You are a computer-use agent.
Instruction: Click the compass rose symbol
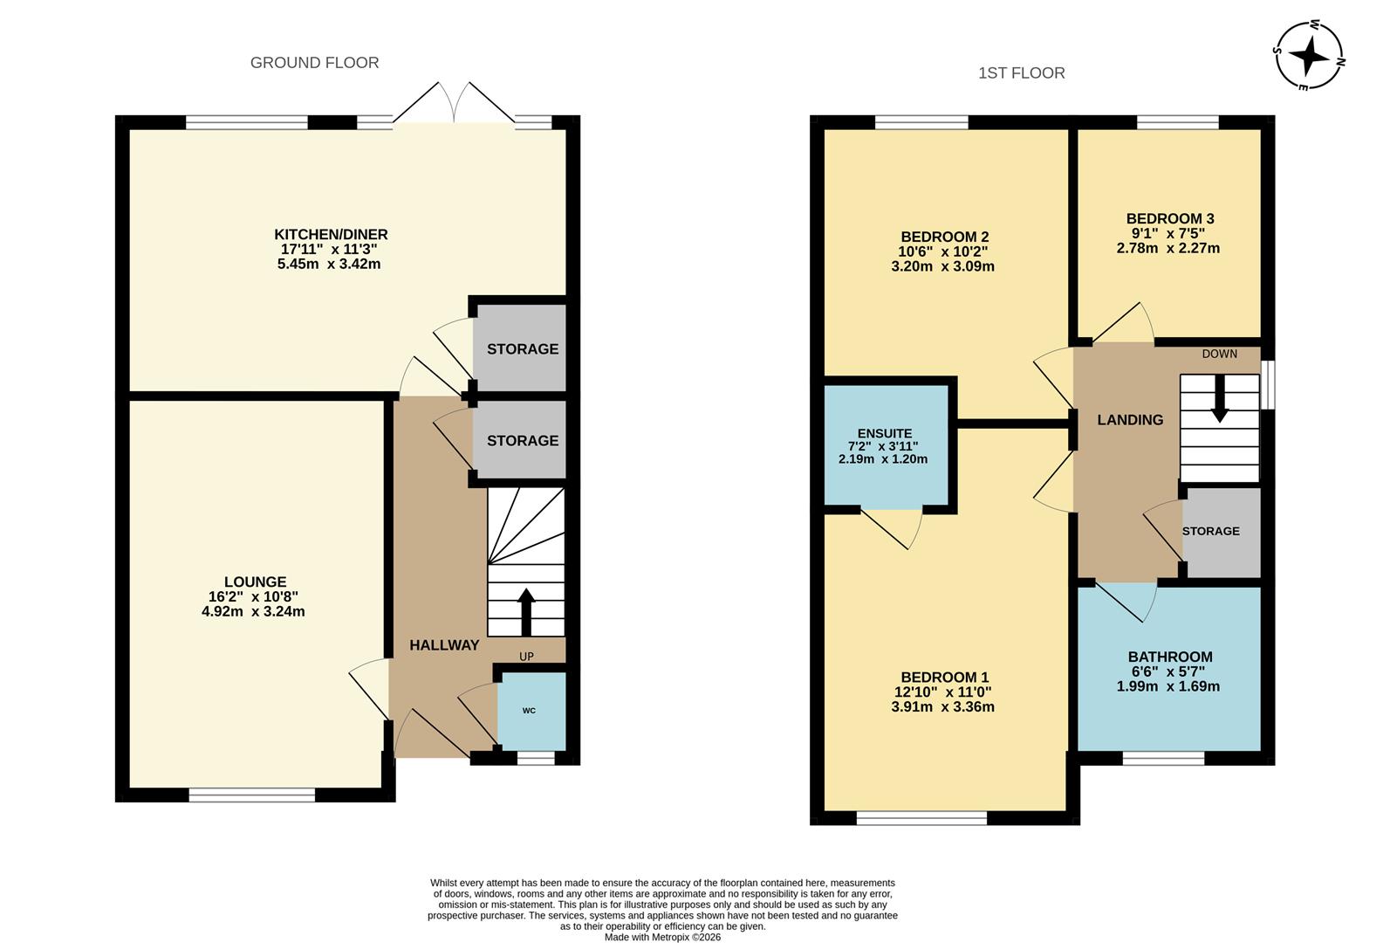click(1309, 56)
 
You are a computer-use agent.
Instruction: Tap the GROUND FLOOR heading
click(314, 63)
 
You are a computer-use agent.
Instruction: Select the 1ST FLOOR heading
click(1021, 73)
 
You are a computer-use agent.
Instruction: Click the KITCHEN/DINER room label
click(331, 234)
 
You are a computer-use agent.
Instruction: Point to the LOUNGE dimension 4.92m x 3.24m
click(253, 612)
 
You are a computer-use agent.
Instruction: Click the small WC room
click(531, 711)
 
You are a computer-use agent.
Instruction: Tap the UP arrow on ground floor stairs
click(526, 610)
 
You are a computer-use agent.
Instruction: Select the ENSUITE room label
click(884, 433)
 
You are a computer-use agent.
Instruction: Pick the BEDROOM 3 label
click(1169, 218)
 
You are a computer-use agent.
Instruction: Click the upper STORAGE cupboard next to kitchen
click(522, 349)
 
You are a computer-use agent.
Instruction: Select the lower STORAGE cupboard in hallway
click(522, 441)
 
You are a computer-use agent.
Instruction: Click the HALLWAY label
click(444, 645)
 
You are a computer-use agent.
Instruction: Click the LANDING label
click(1130, 420)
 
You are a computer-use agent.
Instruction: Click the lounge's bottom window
click(252, 795)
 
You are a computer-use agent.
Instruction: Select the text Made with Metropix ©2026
click(663, 937)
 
